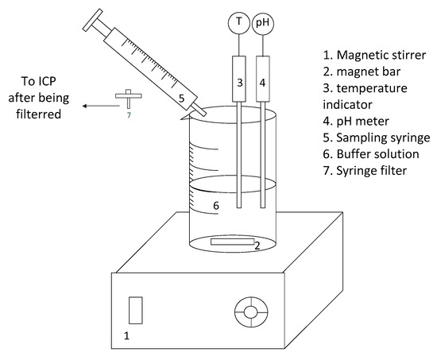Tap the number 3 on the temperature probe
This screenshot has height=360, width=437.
(240, 83)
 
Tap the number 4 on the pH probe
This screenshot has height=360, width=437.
(262, 83)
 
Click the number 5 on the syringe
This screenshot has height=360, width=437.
(181, 99)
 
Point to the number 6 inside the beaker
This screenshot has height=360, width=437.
(216, 206)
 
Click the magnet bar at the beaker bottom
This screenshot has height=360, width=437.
(233, 242)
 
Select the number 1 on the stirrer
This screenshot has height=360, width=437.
(126, 335)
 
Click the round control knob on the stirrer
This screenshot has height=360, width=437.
(251, 312)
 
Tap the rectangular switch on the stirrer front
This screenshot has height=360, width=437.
(136, 311)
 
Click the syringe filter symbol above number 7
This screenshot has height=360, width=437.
(129, 99)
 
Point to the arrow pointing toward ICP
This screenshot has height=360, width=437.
(101, 106)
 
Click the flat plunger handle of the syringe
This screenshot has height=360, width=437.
(93, 20)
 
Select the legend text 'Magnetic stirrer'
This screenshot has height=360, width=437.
(381, 55)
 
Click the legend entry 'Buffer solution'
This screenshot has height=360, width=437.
(378, 154)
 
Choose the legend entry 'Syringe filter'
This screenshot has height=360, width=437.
(372, 171)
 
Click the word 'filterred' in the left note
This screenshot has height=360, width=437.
(38, 114)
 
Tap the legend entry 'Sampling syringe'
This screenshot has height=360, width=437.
(383, 137)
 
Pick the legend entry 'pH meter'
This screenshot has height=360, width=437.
(363, 122)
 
